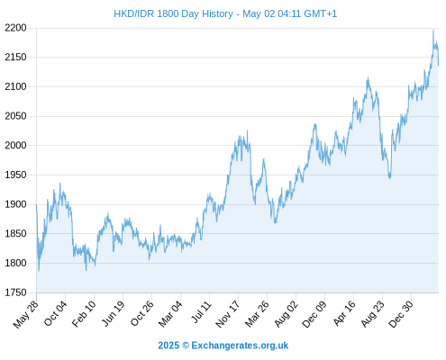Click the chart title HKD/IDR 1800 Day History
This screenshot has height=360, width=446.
click(x=173, y=13)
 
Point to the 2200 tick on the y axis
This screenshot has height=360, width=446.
click(x=15, y=28)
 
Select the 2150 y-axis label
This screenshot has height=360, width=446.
click(x=15, y=57)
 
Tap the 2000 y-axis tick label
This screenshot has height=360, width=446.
click(x=15, y=145)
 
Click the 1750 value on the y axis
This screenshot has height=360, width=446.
click(x=15, y=292)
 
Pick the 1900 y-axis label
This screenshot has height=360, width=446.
click(x=15, y=204)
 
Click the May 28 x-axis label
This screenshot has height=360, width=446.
click(x=26, y=314)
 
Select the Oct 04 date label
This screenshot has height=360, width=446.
click(x=55, y=313)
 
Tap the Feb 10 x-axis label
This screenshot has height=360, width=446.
click(x=84, y=313)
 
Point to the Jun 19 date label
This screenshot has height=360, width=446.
click(x=113, y=313)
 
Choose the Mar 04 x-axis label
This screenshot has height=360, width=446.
click(x=170, y=314)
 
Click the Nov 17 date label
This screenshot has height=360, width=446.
click(x=228, y=314)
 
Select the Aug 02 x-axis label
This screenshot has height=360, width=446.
click(x=286, y=314)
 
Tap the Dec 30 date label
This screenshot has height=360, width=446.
click(x=401, y=314)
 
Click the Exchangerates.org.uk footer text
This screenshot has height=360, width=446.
click(x=240, y=346)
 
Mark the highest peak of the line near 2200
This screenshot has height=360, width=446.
click(x=433, y=30)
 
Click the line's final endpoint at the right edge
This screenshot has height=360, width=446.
click(x=438, y=65)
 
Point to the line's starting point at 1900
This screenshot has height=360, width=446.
click(x=36, y=205)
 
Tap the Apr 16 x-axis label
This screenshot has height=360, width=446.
click(x=343, y=313)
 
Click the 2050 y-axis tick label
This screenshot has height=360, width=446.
click(x=15, y=116)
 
